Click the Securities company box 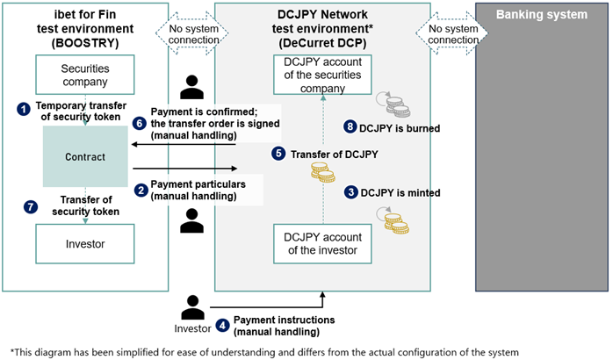85,75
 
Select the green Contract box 85,156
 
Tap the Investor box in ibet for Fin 85,244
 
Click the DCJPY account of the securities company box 322,75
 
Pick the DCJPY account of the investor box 322,244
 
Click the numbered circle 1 24,109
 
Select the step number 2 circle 141,191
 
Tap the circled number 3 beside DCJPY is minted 351,192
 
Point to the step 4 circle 222,325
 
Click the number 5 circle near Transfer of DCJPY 278,153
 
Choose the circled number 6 139,123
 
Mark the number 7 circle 31,206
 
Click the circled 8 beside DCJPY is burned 350,126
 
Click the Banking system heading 542,14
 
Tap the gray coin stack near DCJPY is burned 398,107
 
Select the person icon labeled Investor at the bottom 192,307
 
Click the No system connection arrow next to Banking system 452,33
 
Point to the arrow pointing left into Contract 184,145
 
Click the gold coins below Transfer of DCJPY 323,172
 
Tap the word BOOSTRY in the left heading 85,43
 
